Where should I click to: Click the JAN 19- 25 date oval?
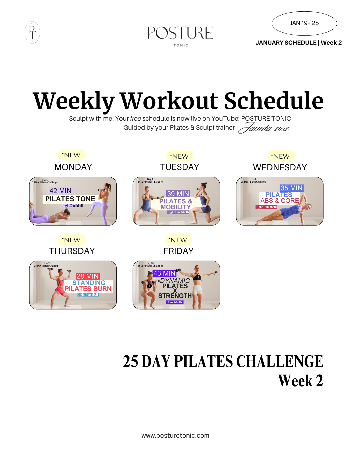[304, 23]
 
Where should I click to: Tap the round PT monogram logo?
[32, 33]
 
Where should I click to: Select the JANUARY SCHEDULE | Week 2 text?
[298, 43]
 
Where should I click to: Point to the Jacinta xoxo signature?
[265, 128]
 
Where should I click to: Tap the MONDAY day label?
[73, 167]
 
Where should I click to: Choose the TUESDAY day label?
[179, 167]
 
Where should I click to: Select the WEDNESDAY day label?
[280, 167]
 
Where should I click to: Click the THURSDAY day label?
[72, 251]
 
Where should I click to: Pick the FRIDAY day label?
[178, 251]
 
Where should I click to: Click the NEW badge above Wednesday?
[281, 156]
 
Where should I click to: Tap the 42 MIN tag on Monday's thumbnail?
[60, 191]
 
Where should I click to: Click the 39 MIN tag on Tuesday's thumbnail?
[178, 194]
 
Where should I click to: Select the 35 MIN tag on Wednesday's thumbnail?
[291, 188]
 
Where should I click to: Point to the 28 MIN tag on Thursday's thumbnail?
[88, 276]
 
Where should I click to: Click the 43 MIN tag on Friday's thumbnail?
[164, 273]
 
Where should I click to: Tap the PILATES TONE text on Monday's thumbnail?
[70, 199]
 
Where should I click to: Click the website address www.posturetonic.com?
[175, 435]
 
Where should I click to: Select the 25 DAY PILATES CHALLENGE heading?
[223, 362]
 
